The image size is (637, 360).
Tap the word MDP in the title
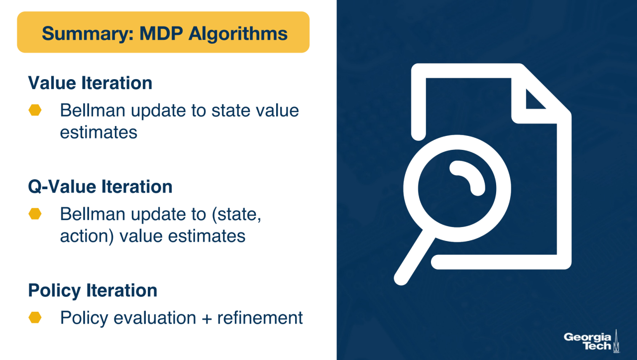pyautogui.click(x=161, y=33)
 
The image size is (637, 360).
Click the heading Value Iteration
pyautogui.click(x=90, y=83)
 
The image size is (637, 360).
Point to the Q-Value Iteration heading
pyautogui.click(x=100, y=187)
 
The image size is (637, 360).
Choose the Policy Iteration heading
pyautogui.click(x=93, y=291)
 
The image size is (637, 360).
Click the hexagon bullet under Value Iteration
pyautogui.click(x=35, y=110)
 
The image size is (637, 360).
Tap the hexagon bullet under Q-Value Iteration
pyautogui.click(x=35, y=214)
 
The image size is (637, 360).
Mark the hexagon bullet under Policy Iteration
pyautogui.click(x=35, y=318)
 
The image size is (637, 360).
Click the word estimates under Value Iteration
pyautogui.click(x=99, y=132)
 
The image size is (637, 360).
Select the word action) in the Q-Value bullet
pyautogui.click(x=87, y=237)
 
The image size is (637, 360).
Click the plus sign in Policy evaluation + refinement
pyautogui.click(x=207, y=318)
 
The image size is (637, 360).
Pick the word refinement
pyautogui.click(x=260, y=318)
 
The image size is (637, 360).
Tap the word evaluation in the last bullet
pyautogui.click(x=155, y=318)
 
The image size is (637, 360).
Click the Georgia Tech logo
pyautogui.click(x=592, y=341)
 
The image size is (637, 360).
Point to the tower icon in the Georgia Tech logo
pyautogui.click(x=616, y=341)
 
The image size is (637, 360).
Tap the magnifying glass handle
pyautogui.click(x=414, y=257)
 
